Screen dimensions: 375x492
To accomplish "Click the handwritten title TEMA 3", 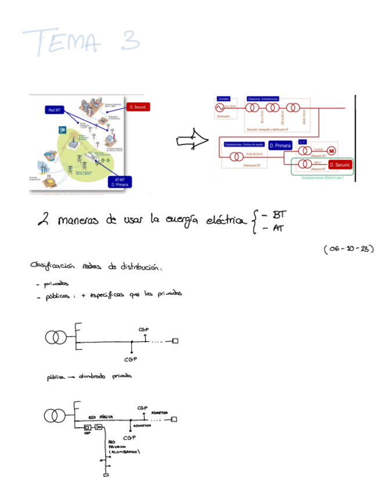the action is tap(81, 42).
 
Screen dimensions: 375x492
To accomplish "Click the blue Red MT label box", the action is tap(55, 110).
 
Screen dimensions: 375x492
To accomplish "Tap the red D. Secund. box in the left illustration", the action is tap(138, 107).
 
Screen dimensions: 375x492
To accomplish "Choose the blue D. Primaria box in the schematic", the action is tap(280, 146).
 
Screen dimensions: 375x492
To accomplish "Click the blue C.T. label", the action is tap(302, 142).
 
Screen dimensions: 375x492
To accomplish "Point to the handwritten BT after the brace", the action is tap(279, 215).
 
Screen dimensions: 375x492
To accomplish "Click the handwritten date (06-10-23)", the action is tap(348, 249).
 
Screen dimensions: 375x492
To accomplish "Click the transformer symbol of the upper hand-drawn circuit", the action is tap(56, 337).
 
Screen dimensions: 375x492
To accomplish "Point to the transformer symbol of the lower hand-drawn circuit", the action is tap(55, 415).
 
